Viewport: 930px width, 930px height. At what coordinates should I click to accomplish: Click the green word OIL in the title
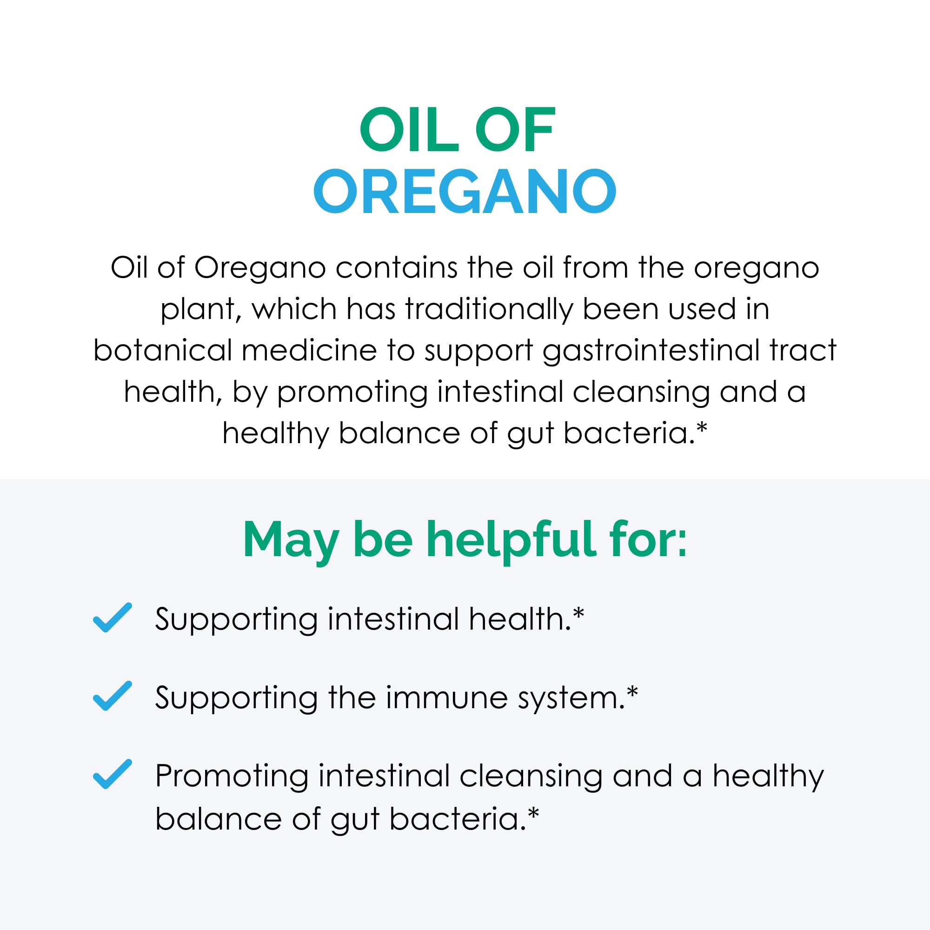tap(409, 130)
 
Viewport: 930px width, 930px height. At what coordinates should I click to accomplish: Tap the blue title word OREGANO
tap(465, 192)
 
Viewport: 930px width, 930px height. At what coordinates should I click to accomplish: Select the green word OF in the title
tap(515, 130)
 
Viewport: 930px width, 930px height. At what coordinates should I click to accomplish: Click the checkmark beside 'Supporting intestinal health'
tap(112, 618)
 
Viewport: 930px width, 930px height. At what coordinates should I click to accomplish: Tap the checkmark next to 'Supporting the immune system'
tap(112, 696)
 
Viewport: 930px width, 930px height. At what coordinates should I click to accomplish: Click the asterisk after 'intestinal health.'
tap(578, 613)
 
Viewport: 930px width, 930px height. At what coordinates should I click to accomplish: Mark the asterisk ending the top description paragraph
tap(702, 427)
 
